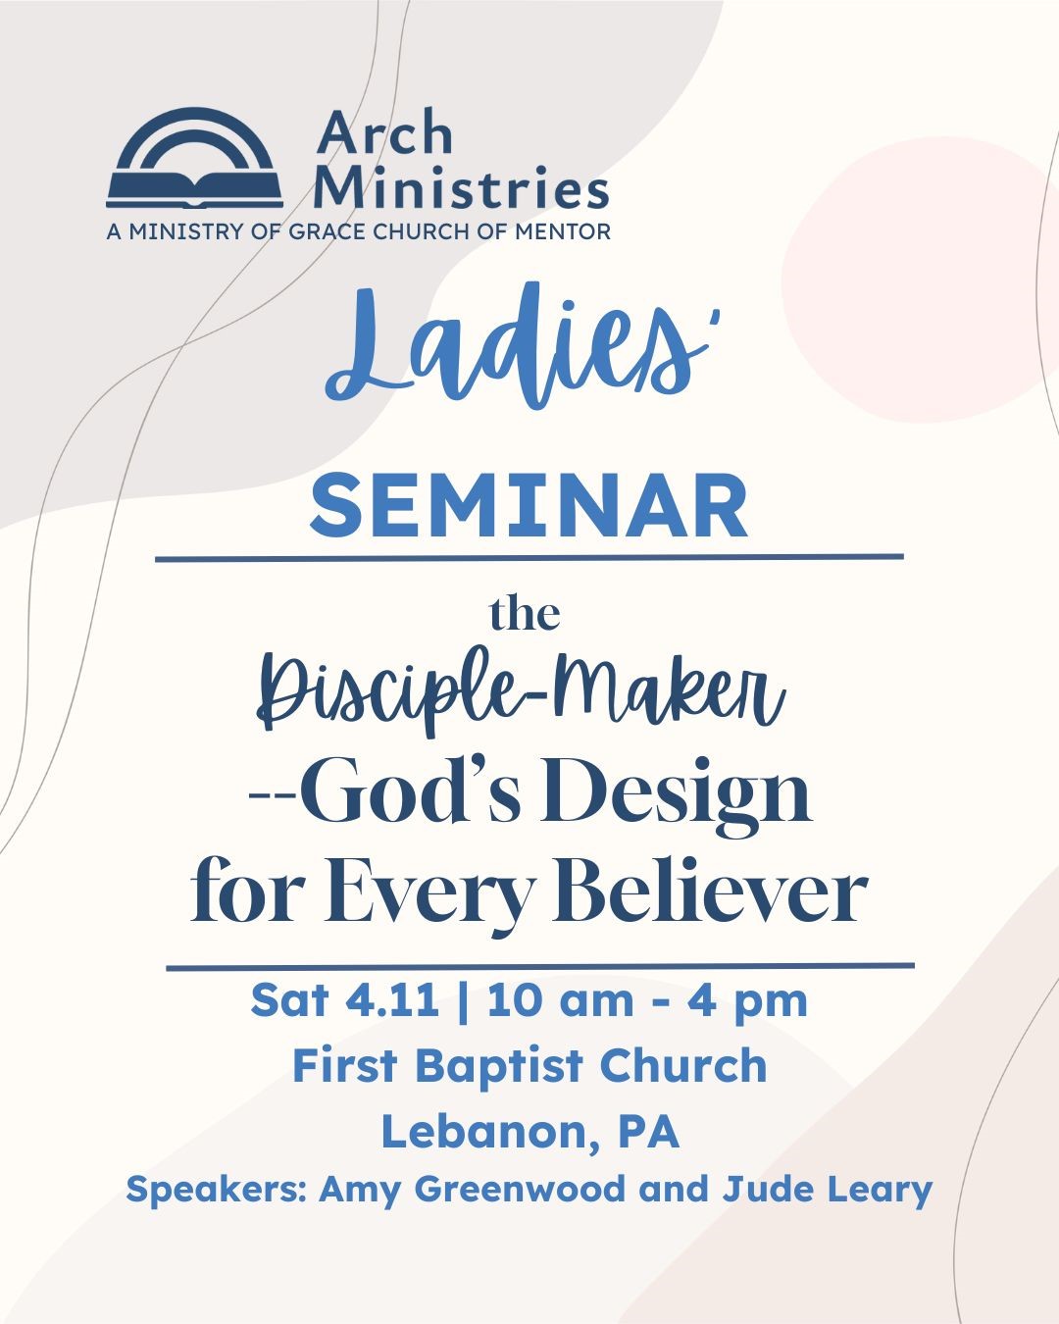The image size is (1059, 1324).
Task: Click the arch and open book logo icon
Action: (194, 159)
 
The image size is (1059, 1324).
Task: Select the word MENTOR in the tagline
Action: (563, 232)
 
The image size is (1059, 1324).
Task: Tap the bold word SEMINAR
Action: (529, 506)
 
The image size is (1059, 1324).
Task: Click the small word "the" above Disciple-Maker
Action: (525, 615)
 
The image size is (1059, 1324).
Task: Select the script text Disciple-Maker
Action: (521, 690)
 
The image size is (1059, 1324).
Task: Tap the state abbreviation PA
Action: (648, 1131)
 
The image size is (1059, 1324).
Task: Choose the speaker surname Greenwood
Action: (522, 1189)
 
